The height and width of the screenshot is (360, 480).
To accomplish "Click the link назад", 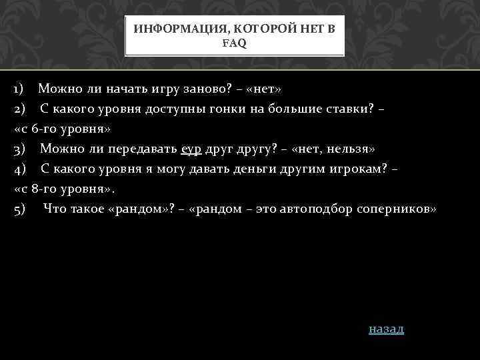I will [x=386, y=329].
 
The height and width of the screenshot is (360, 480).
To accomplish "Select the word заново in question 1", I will [x=185, y=88].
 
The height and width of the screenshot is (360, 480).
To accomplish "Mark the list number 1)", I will [x=19, y=88].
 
